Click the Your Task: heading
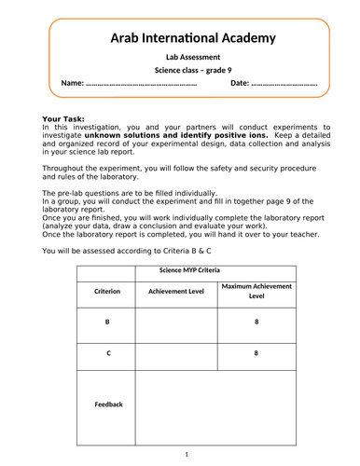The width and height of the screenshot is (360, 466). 68,119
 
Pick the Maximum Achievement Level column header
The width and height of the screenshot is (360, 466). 256,291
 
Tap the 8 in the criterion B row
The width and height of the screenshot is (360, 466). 256,322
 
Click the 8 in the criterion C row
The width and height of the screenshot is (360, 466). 256,354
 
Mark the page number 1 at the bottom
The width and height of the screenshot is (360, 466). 187,454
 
